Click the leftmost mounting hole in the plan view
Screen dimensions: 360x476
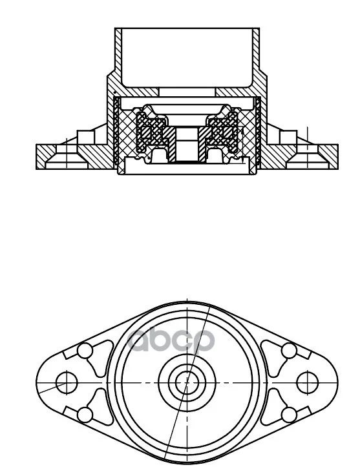pos(67,382)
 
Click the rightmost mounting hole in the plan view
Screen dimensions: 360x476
pos(307,382)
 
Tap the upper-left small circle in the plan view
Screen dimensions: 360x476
pos(85,351)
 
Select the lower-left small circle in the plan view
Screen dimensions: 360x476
pos(85,415)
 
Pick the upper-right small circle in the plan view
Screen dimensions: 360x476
pos(289,351)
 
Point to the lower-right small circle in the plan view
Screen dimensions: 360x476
pos(289,415)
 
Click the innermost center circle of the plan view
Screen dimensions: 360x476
pos(187,382)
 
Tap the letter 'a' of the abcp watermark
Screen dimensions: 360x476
pos(138,339)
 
